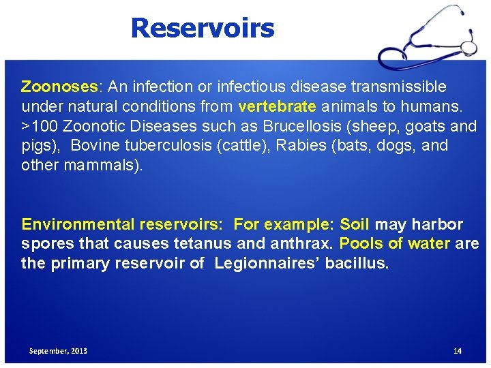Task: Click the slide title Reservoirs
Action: coord(202,28)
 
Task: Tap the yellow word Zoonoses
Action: coord(60,87)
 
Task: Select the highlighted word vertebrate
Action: coord(277,106)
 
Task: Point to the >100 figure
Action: coord(40,126)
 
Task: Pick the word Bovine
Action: coord(95,146)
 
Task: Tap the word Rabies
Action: coord(297,146)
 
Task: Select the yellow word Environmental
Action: coord(78,224)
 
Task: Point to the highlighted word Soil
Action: coord(355,224)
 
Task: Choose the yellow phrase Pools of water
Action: coord(395,243)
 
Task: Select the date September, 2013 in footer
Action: coord(58,350)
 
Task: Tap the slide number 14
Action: coord(458,350)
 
